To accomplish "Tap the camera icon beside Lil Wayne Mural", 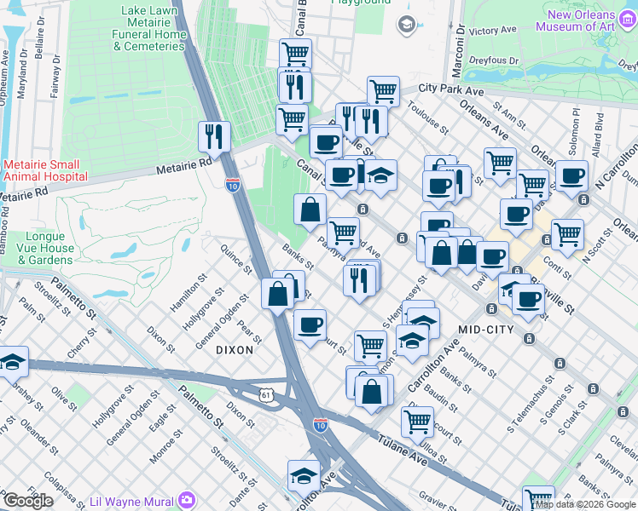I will (x=187, y=501).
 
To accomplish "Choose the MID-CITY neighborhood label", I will (x=489, y=329).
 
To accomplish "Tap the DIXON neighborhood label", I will (x=235, y=349).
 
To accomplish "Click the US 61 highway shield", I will (x=268, y=394).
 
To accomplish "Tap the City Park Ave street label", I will (x=452, y=88).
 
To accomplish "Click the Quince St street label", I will (x=235, y=260).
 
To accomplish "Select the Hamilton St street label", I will (x=188, y=290).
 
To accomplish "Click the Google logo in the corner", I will (x=28, y=501).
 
